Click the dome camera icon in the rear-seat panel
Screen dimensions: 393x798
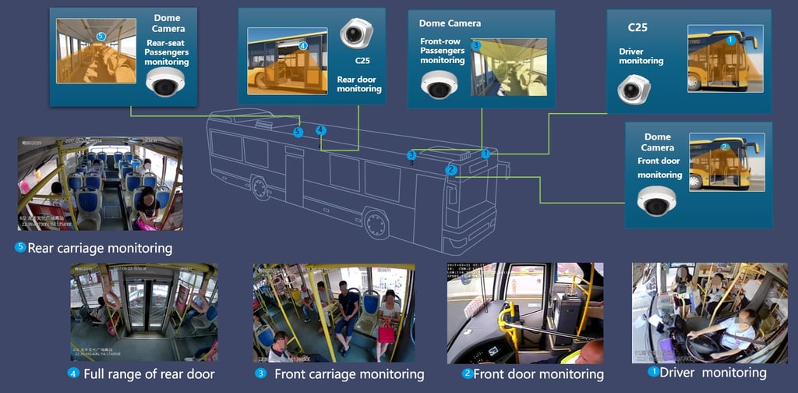click(164, 81)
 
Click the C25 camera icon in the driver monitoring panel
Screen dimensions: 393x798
click(633, 88)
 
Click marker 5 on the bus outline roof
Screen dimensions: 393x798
click(298, 133)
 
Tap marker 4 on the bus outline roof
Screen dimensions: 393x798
click(320, 130)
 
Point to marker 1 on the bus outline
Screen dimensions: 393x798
click(486, 154)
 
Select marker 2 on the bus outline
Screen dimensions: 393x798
click(450, 170)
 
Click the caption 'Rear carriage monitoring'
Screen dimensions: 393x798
click(100, 249)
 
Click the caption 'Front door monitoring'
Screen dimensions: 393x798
click(538, 374)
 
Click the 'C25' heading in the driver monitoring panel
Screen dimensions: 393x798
click(639, 28)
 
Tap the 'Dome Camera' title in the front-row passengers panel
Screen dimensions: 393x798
click(450, 23)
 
